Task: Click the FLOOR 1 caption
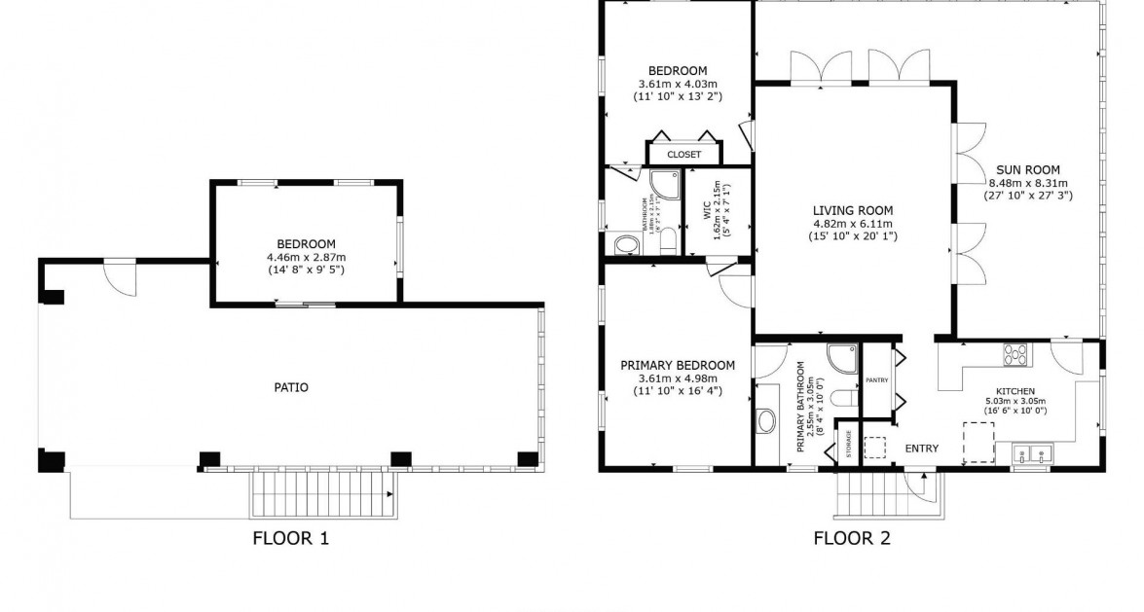click(x=290, y=536)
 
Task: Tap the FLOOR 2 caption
click(x=851, y=536)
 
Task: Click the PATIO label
click(x=290, y=387)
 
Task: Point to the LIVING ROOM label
click(x=853, y=209)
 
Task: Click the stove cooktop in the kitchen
click(x=1016, y=355)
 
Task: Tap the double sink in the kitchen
click(x=1031, y=452)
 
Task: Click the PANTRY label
click(x=876, y=380)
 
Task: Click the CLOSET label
click(x=683, y=155)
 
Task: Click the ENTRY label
click(x=921, y=449)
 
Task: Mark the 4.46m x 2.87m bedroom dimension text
click(x=307, y=257)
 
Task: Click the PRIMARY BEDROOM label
click(x=677, y=366)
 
